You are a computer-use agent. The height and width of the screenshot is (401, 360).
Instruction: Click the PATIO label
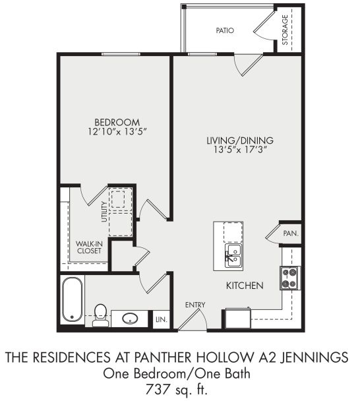pyautogui.click(x=225, y=30)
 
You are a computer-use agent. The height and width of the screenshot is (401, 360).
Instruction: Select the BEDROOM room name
pyautogui.click(x=117, y=122)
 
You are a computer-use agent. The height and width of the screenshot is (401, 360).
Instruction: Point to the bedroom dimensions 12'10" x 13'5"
pyautogui.click(x=117, y=133)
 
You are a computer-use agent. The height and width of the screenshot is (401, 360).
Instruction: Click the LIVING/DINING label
pyautogui.click(x=240, y=140)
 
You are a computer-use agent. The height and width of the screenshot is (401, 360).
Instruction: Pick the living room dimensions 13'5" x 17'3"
pyautogui.click(x=240, y=150)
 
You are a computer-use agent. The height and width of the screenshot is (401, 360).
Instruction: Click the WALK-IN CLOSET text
pyautogui.click(x=88, y=247)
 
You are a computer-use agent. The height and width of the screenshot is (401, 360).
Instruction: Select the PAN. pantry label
pyautogui.click(x=291, y=233)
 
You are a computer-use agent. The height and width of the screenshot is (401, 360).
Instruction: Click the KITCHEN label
pyautogui.click(x=245, y=286)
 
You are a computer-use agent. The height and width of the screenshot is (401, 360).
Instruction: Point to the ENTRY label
pyautogui.click(x=196, y=304)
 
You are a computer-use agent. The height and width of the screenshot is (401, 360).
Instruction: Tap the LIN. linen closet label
pyautogui.click(x=160, y=320)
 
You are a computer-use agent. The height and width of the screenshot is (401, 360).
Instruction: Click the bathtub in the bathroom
pyautogui.click(x=72, y=300)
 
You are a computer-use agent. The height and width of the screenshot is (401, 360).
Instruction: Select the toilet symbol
pyautogui.click(x=101, y=314)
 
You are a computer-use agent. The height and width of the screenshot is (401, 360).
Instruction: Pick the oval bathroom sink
pyautogui.click(x=130, y=319)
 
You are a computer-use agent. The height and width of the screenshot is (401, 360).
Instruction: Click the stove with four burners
pyautogui.click(x=290, y=278)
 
